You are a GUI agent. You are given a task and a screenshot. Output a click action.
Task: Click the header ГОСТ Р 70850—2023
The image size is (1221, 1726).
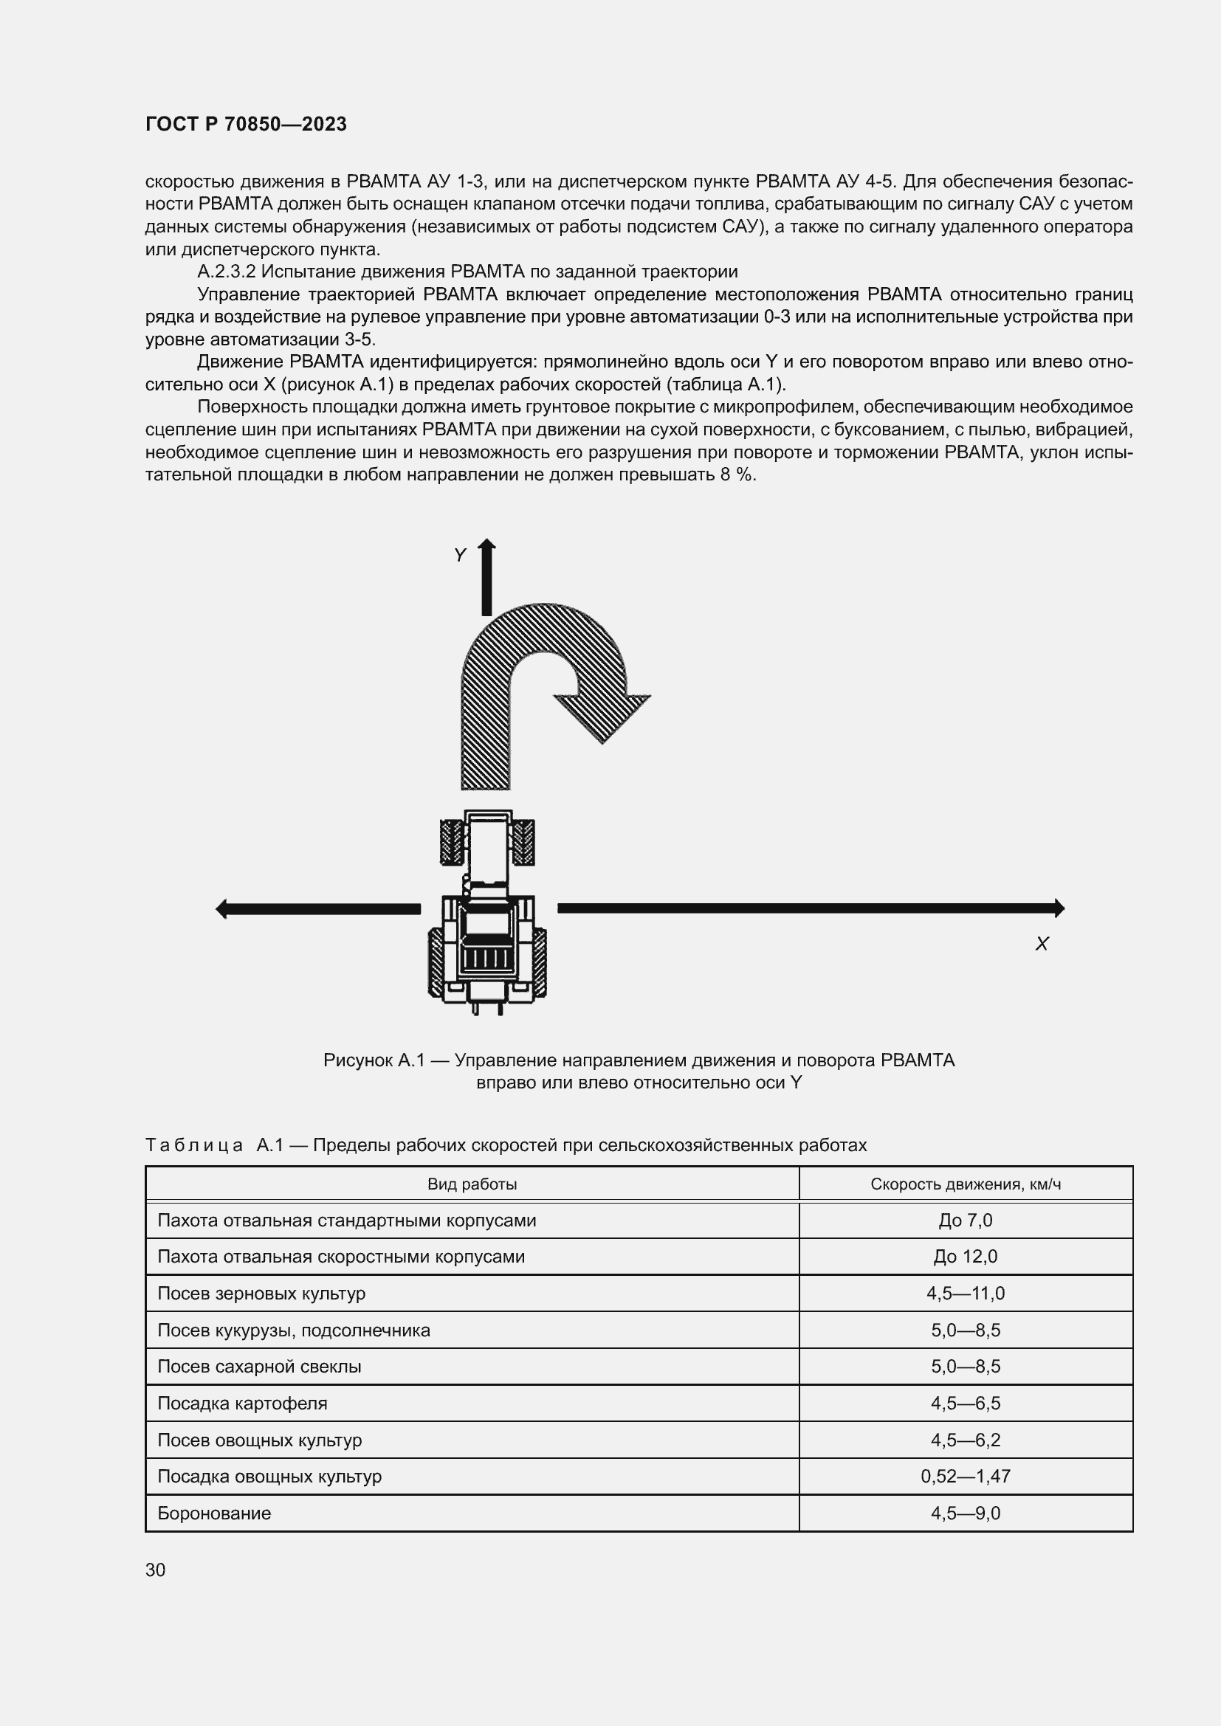(x=246, y=124)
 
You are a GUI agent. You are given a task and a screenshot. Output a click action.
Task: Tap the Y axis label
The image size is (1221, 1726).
(x=459, y=556)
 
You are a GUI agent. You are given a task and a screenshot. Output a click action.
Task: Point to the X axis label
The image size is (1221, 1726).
(x=1042, y=945)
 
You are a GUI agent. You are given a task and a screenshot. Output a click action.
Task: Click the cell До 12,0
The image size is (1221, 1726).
(x=966, y=1257)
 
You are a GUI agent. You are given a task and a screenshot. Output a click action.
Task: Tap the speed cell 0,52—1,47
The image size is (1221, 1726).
(x=966, y=1477)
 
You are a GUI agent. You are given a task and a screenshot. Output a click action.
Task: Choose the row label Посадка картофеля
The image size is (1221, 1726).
(x=242, y=1404)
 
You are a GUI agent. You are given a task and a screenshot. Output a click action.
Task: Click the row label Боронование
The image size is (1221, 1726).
(x=213, y=1513)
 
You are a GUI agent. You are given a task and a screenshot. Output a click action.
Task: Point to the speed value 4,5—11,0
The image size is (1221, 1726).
(x=966, y=1294)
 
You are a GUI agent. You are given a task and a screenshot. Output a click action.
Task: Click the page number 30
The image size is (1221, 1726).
(x=156, y=1570)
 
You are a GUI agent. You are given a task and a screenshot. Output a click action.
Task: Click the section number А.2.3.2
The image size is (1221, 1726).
(x=227, y=272)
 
